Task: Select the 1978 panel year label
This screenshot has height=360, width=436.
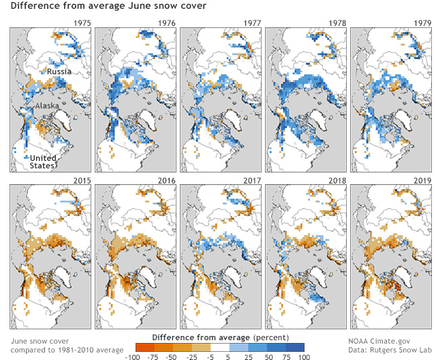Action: [x=337, y=23]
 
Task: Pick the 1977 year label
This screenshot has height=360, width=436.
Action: [x=251, y=23]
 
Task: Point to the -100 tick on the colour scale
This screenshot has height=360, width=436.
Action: [x=133, y=355]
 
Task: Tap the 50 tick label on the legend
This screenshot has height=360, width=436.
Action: [x=268, y=355]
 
